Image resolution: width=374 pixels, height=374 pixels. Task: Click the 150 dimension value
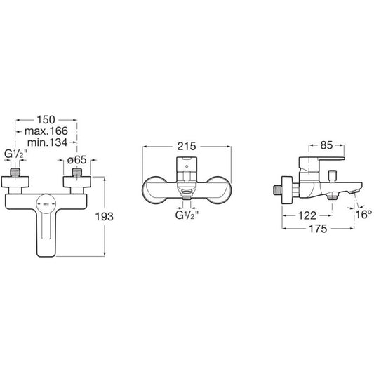pos(46,120)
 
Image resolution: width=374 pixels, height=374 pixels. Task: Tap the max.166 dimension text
pos(46,131)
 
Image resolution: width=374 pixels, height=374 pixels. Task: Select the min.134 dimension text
pos(47,142)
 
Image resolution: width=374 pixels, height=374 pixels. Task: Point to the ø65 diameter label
pos(76,160)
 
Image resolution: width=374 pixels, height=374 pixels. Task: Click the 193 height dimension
pos(105,217)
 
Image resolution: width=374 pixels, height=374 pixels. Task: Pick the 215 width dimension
pos(186,146)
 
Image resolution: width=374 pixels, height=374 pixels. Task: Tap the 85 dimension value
pos(326,145)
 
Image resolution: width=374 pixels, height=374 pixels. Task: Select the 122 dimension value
pos(307,215)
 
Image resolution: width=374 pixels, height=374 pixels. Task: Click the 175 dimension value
pos(318,229)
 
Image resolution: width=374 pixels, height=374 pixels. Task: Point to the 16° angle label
pos(363,215)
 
